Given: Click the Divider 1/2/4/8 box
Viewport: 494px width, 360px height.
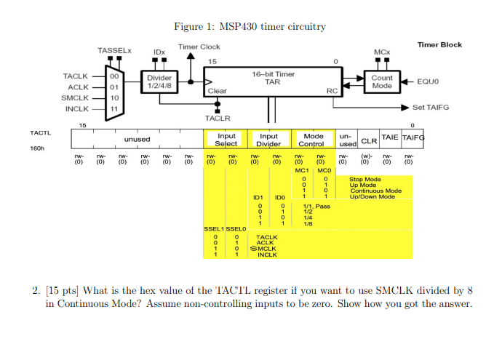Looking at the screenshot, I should pos(159,81).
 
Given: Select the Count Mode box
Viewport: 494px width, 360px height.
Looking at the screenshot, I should pos(381,81).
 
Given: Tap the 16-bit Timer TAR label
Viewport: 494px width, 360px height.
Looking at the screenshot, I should pos(273,78).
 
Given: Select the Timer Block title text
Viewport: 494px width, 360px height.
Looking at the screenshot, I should pos(439,44).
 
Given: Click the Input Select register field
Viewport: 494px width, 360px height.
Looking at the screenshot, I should pos(226,139).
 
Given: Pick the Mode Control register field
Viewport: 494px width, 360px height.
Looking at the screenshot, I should pos(314,139).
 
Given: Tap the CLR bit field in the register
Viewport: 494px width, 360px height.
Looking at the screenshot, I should pos(368,140).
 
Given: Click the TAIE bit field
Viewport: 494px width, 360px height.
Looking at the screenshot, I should pos(390,137).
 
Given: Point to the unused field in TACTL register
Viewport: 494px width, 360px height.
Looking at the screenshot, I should pos(137,139).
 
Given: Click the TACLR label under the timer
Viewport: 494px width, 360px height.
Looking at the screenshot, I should pos(217,117).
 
